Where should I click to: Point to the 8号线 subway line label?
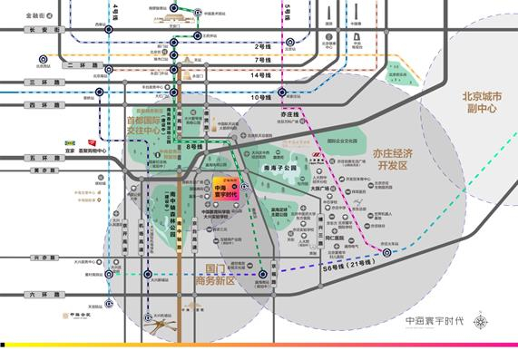(x=193, y=145)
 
